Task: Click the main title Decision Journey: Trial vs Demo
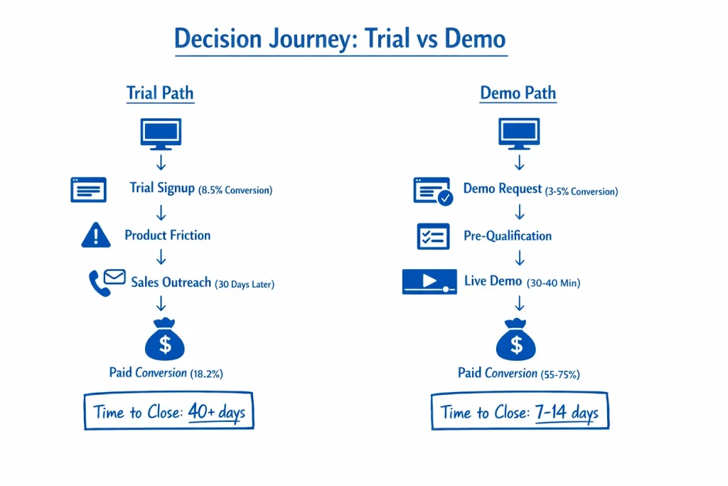click(x=341, y=38)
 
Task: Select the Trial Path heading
click(x=160, y=93)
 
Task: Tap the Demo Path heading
click(x=518, y=93)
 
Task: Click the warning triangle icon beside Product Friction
click(x=96, y=235)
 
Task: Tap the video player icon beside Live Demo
click(x=429, y=282)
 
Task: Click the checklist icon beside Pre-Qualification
click(x=433, y=236)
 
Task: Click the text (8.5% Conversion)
click(x=235, y=191)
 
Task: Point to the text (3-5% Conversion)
click(x=582, y=191)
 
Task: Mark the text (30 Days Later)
click(x=245, y=284)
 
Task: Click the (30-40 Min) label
click(x=554, y=283)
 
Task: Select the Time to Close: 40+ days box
click(x=168, y=411)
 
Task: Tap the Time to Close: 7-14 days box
click(x=520, y=411)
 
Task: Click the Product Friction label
click(x=168, y=235)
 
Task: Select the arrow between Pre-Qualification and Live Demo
click(x=520, y=258)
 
